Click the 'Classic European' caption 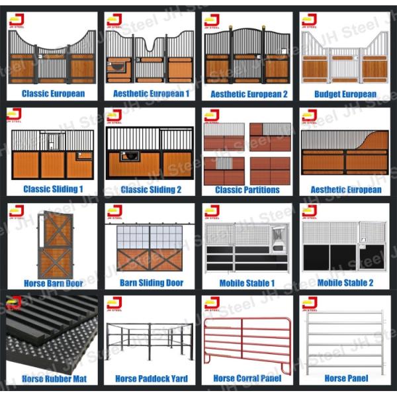[53, 94]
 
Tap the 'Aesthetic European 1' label [151, 94]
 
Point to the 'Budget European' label [345, 94]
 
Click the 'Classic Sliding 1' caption [53, 189]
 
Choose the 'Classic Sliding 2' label [151, 189]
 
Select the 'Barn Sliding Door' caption [151, 283]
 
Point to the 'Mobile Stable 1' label [247, 283]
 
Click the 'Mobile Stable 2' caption [345, 283]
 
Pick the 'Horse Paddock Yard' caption [151, 378]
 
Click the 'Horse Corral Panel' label [247, 378]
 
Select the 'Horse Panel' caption [345, 378]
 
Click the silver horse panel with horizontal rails [345, 341]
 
